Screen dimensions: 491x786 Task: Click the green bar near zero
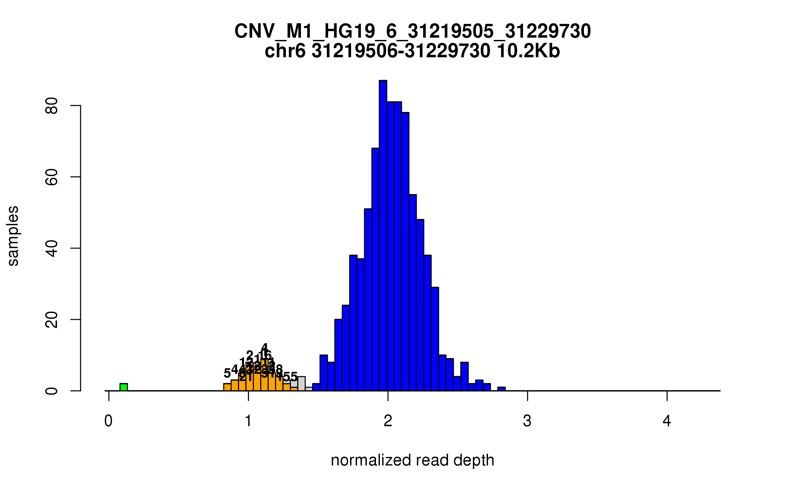pyautogui.click(x=123, y=387)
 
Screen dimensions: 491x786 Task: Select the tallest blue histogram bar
pyautogui.click(x=383, y=236)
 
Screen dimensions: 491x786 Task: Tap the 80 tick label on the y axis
pyautogui.click(x=52, y=105)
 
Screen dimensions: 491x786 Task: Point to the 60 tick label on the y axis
pyautogui.click(x=52, y=177)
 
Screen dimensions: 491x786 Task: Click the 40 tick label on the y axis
pyautogui.click(x=52, y=248)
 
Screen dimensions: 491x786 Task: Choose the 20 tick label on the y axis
pyautogui.click(x=52, y=319)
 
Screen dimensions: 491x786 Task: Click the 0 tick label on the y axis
pyautogui.click(x=52, y=391)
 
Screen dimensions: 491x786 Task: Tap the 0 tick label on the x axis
pyautogui.click(x=108, y=421)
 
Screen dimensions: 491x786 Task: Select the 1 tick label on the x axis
pyautogui.click(x=248, y=421)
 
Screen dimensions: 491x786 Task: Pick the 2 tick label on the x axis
pyautogui.click(x=388, y=421)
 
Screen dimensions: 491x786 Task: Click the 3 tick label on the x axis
pyautogui.click(x=527, y=421)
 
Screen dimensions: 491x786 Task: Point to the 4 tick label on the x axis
pyautogui.click(x=667, y=421)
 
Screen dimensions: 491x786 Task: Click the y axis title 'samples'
pyautogui.click(x=13, y=236)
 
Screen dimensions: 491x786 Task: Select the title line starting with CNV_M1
pyautogui.click(x=413, y=31)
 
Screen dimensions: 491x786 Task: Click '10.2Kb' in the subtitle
pyautogui.click(x=528, y=51)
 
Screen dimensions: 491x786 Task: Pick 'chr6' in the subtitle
pyautogui.click(x=285, y=51)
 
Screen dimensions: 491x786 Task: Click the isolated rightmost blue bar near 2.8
pyautogui.click(x=501, y=389)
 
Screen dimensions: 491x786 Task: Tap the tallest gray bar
pyautogui.click(x=302, y=383)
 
